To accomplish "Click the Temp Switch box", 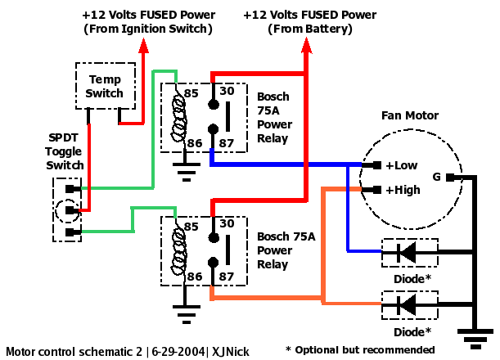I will coord(105,86).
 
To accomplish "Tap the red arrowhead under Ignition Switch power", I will coord(144,46).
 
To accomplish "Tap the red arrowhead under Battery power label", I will coord(306,46).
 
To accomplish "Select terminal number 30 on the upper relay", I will coord(228,92).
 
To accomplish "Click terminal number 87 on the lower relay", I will coord(228,277).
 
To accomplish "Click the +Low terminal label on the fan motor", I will coord(402,164).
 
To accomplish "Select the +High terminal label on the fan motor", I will coord(403,190).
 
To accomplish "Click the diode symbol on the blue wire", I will coord(404,253).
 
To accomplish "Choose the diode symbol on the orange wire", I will coord(404,305).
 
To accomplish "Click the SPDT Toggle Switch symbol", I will coord(68,210).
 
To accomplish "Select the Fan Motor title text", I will coord(410,115).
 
